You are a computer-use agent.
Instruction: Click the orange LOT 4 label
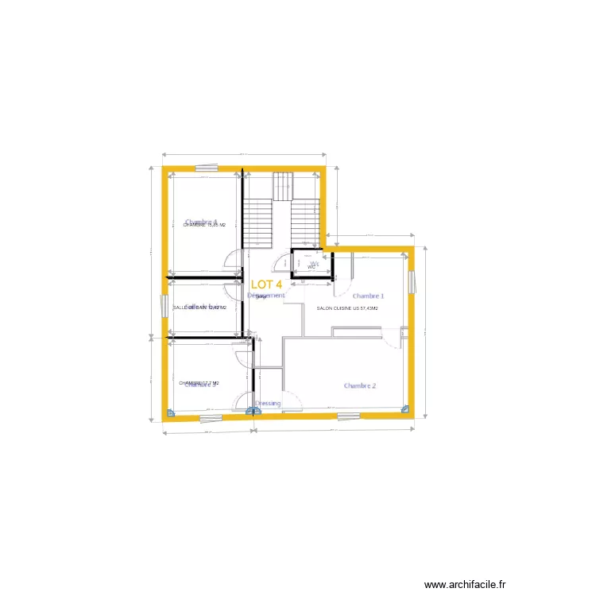pyautogui.click(x=266, y=284)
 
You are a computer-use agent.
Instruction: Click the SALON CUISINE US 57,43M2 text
pyautogui.click(x=347, y=308)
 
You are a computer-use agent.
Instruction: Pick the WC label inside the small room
pyautogui.click(x=312, y=267)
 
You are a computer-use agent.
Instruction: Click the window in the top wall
pyautogui.click(x=207, y=168)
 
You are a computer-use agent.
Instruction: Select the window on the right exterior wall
pyautogui.click(x=412, y=282)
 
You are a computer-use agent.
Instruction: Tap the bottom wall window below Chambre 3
pyautogui.click(x=210, y=417)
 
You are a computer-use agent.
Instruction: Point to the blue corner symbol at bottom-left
pyautogui.click(x=169, y=413)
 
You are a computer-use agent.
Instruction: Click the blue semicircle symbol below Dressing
pyautogui.click(x=252, y=411)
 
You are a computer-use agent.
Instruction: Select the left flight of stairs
pyautogui.click(x=258, y=223)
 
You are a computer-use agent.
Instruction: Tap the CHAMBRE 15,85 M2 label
pyautogui.click(x=204, y=225)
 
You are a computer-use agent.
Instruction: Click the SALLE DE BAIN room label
pyautogui.click(x=199, y=308)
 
